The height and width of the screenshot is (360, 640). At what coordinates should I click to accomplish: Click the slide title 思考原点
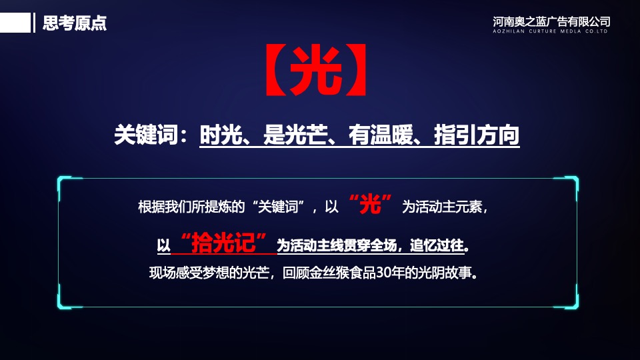pyautogui.click(x=74, y=23)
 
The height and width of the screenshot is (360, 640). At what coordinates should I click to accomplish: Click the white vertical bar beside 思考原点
pyautogui.click(x=34, y=23)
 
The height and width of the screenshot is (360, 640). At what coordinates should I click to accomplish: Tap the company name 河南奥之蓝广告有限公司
pyautogui.click(x=551, y=21)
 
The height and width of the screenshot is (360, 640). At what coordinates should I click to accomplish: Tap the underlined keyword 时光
pyautogui.click(x=220, y=135)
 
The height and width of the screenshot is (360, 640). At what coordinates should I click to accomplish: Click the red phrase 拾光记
pyautogui.click(x=229, y=244)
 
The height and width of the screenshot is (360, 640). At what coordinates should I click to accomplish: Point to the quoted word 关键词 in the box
pyautogui.click(x=279, y=207)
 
